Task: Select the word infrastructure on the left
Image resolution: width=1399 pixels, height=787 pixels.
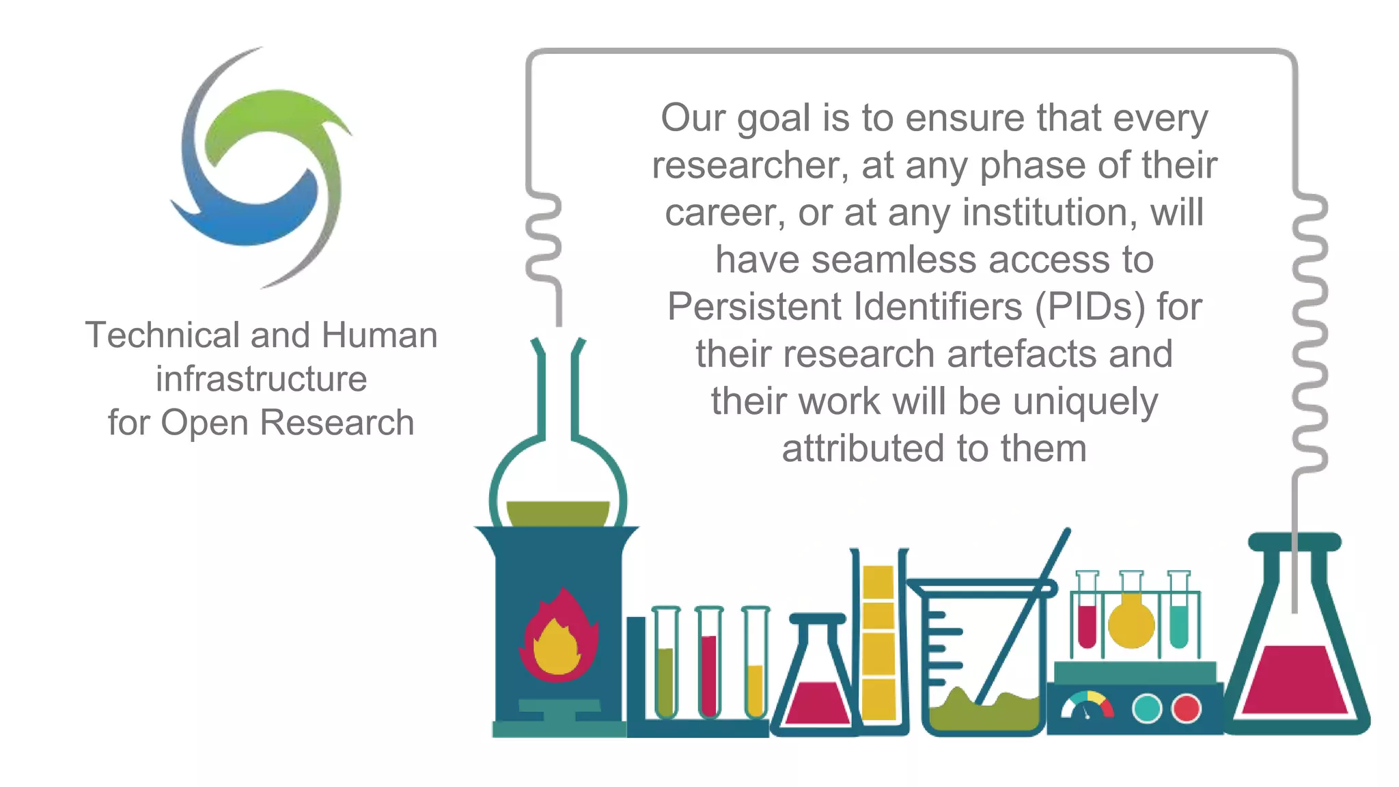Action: (261, 379)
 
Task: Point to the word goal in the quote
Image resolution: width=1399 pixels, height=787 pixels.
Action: (773, 119)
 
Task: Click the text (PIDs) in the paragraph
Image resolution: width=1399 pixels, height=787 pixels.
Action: (1090, 307)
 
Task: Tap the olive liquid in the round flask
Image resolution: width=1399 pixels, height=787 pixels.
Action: (558, 513)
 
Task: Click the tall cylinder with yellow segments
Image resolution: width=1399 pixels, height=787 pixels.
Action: (878, 642)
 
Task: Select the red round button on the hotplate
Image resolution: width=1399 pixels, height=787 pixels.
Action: (1187, 708)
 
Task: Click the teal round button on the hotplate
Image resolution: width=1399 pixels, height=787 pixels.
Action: (1147, 708)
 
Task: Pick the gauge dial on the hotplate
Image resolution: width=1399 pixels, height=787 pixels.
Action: (1087, 707)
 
